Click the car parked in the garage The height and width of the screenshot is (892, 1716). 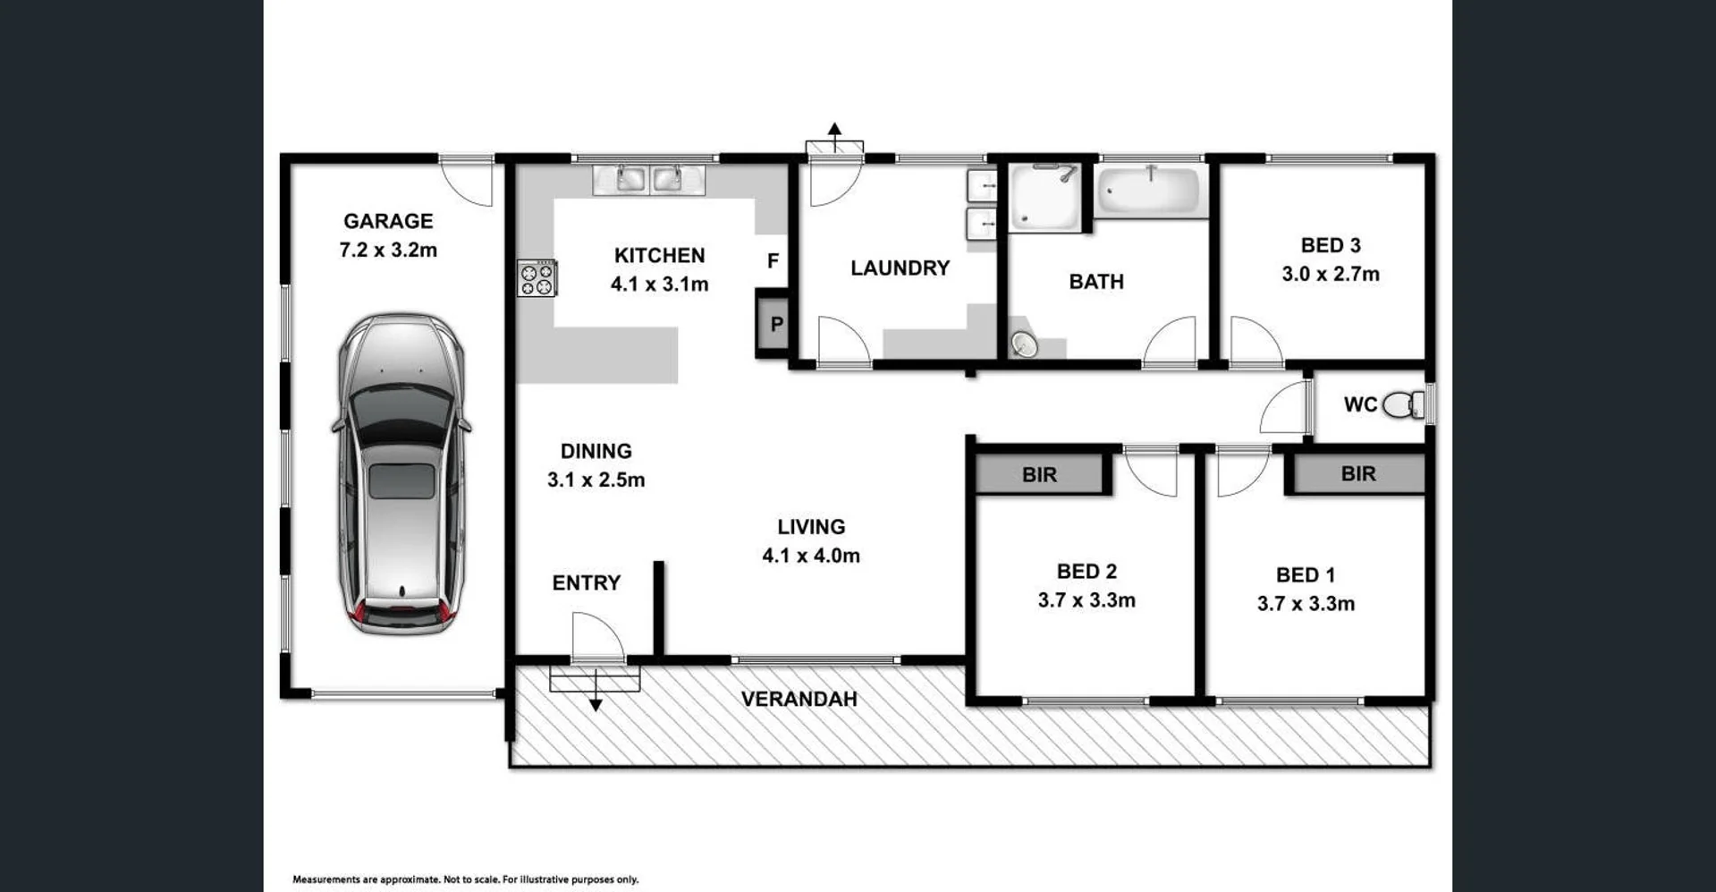402,473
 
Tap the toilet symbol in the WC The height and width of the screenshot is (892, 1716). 1403,405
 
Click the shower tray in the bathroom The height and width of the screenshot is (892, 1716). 1044,197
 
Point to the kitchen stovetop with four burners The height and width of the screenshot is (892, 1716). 537,278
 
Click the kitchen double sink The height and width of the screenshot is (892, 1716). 649,179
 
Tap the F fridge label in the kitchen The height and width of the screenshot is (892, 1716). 773,260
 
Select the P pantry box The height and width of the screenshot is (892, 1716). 774,324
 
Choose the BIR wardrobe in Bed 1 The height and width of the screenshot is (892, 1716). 1357,473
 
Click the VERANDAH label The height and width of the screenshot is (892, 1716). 799,699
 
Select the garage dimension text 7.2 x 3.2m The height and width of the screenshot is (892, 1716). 388,251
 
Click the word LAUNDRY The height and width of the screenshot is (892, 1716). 900,268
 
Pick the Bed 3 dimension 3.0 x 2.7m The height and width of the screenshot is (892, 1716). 1331,275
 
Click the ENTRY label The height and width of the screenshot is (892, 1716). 587,583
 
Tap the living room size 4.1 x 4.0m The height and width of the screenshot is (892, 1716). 811,556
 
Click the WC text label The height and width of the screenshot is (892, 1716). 1360,404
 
